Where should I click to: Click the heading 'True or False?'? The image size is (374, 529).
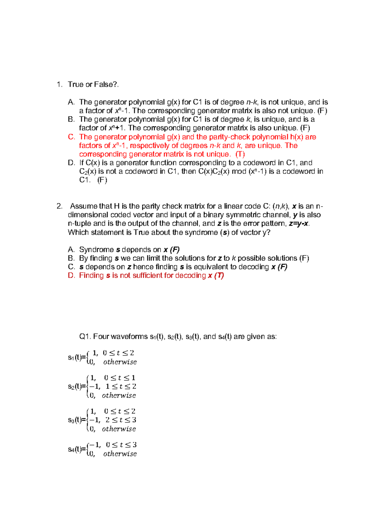[x=93, y=84]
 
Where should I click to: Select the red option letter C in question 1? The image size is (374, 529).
[x=71, y=137]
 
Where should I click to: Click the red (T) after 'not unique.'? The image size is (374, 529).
[x=240, y=154]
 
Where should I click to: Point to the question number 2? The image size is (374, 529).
[x=59, y=206]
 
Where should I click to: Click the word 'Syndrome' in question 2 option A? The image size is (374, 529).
[x=96, y=250]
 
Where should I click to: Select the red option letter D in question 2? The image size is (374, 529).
[x=71, y=275]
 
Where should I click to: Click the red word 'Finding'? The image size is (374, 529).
[x=91, y=275]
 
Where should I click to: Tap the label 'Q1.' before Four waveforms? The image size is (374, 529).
[x=85, y=336]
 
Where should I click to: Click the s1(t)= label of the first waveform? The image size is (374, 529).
[x=77, y=357]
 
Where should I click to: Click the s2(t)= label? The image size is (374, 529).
[x=77, y=387]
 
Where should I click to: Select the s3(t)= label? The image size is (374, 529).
[x=77, y=420]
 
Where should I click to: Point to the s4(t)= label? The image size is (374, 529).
[x=77, y=449]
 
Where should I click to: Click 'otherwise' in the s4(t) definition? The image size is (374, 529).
[x=120, y=454]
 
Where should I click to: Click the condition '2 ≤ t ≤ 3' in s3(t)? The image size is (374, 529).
[x=121, y=420]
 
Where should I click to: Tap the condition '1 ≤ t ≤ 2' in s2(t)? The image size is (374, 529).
[x=121, y=387]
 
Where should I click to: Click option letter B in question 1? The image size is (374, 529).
[x=71, y=120]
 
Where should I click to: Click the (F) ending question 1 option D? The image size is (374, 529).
[x=102, y=180]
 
